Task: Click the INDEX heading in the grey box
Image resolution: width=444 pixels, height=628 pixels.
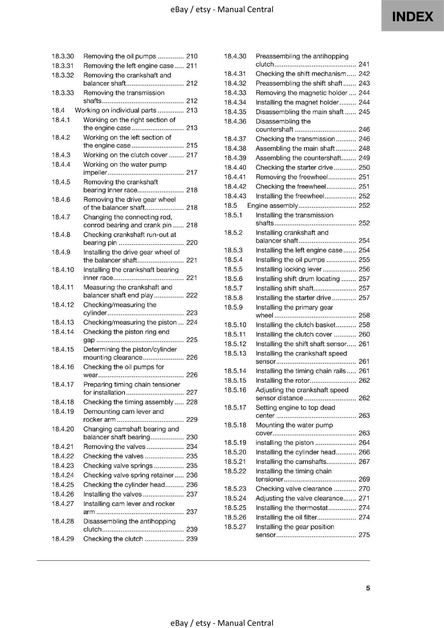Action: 413,16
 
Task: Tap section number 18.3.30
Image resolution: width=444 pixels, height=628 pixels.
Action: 62,56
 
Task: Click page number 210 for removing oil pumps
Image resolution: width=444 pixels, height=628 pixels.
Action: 192,56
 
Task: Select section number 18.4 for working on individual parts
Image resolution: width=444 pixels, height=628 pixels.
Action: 58,110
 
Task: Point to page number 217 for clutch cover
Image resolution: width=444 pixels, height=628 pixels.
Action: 192,155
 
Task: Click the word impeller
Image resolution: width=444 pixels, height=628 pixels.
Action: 95,173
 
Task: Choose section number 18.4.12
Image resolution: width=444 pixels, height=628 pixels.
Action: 62,305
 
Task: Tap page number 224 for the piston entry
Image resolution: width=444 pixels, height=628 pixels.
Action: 192,323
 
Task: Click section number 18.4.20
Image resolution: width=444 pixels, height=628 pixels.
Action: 62,429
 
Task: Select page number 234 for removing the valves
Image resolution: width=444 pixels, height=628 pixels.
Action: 192,447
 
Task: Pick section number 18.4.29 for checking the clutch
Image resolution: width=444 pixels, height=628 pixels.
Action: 62,539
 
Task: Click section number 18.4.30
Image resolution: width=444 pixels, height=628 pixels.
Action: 235,56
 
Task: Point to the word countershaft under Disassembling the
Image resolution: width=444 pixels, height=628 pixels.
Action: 274,130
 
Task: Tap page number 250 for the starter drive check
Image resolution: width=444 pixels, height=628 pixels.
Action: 364,168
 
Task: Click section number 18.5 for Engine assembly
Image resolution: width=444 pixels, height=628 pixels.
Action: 230,206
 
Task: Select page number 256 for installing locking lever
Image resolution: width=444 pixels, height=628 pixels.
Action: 364,269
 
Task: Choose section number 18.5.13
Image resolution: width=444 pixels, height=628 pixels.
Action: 235,354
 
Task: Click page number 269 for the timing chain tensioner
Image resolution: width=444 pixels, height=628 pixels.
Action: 364,479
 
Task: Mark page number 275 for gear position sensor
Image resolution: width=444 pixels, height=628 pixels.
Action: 364,535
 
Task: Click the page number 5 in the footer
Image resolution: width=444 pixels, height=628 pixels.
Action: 368,588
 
